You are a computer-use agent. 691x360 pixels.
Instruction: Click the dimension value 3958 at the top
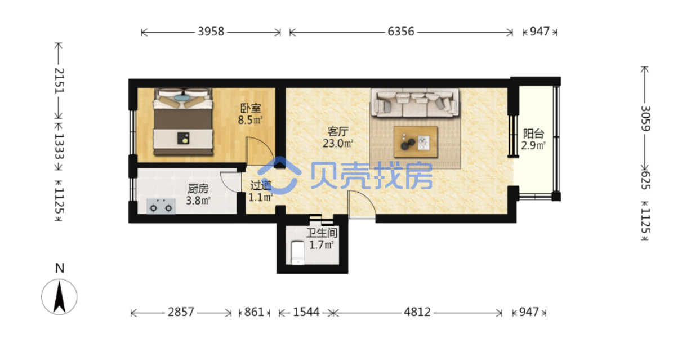(x=211, y=32)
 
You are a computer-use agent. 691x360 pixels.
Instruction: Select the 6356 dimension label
(x=401, y=32)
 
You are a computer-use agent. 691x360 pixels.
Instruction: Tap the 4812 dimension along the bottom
(x=417, y=312)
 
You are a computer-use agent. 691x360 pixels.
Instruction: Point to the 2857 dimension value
(x=181, y=312)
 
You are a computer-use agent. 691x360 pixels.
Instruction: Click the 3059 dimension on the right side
(x=645, y=118)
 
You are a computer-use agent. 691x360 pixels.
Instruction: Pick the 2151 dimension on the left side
(x=59, y=80)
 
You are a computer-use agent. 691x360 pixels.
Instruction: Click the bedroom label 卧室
(x=251, y=108)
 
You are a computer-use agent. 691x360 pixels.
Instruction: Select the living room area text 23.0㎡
(x=338, y=144)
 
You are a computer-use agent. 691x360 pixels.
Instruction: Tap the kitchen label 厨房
(x=198, y=189)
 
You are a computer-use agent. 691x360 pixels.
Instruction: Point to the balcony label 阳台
(x=533, y=134)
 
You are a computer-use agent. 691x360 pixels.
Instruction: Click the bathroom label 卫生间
(x=322, y=233)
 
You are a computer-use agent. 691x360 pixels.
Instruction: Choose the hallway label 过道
(x=261, y=185)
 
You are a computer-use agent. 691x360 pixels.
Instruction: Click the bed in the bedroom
(x=184, y=122)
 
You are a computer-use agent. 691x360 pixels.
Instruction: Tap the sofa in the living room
(x=415, y=103)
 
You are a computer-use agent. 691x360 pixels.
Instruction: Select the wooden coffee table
(x=416, y=142)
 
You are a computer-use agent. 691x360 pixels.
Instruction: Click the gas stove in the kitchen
(x=161, y=206)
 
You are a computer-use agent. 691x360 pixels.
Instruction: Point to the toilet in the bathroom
(x=298, y=253)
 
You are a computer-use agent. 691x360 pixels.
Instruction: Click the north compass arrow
(x=59, y=297)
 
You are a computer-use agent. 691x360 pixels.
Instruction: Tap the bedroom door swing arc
(x=265, y=145)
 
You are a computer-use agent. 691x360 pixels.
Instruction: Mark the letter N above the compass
(x=60, y=268)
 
